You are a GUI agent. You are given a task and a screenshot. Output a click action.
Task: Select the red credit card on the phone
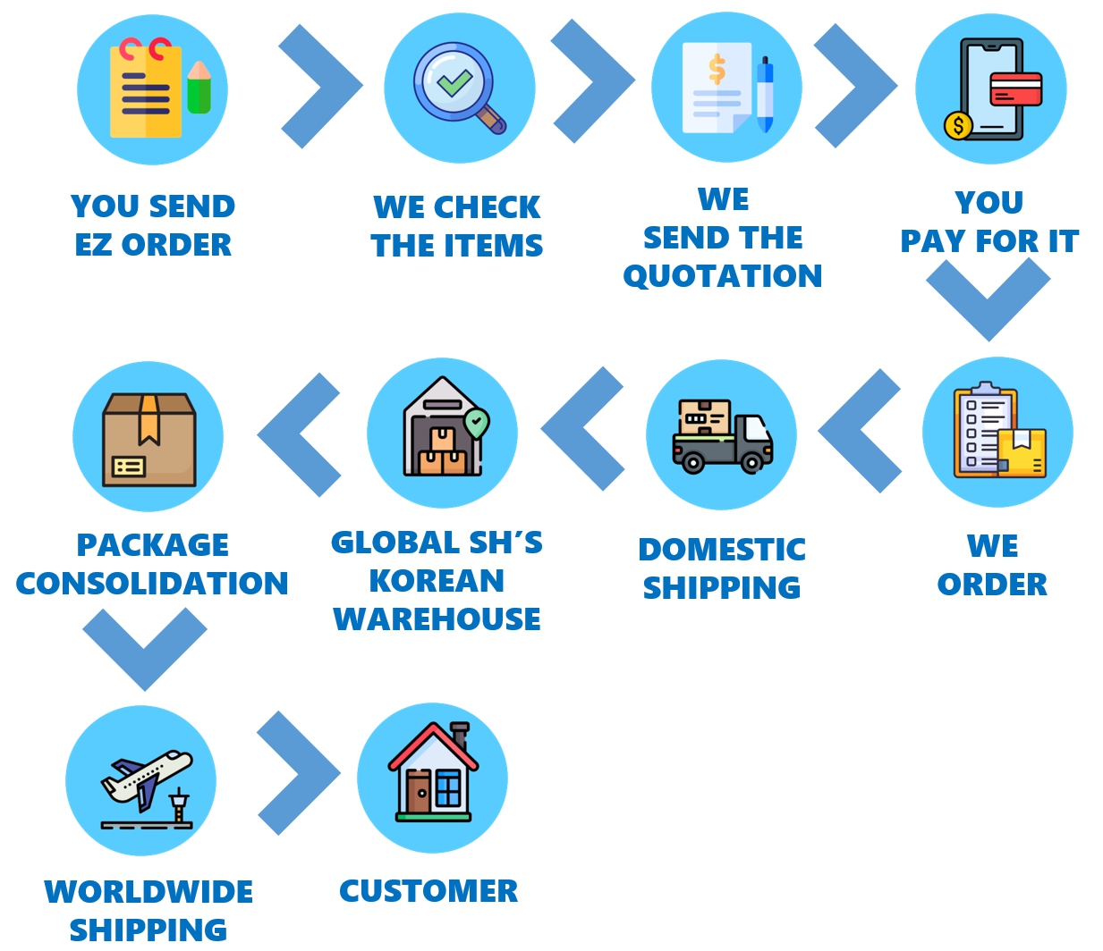click(1015, 88)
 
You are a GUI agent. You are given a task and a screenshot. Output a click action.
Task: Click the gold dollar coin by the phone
click(958, 125)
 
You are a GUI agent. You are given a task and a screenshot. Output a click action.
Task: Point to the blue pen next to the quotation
click(765, 95)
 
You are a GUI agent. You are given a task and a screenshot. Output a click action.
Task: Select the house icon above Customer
click(432, 773)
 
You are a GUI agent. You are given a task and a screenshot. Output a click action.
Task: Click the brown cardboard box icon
click(148, 439)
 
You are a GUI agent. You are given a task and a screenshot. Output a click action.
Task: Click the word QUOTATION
click(723, 276)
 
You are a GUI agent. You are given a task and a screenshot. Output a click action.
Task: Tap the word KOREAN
click(437, 581)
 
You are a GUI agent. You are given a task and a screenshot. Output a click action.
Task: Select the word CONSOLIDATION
click(152, 584)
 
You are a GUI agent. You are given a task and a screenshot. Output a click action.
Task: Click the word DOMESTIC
click(722, 550)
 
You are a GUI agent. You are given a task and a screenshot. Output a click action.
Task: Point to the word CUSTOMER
click(428, 891)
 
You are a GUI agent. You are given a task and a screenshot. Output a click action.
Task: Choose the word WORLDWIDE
click(148, 892)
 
